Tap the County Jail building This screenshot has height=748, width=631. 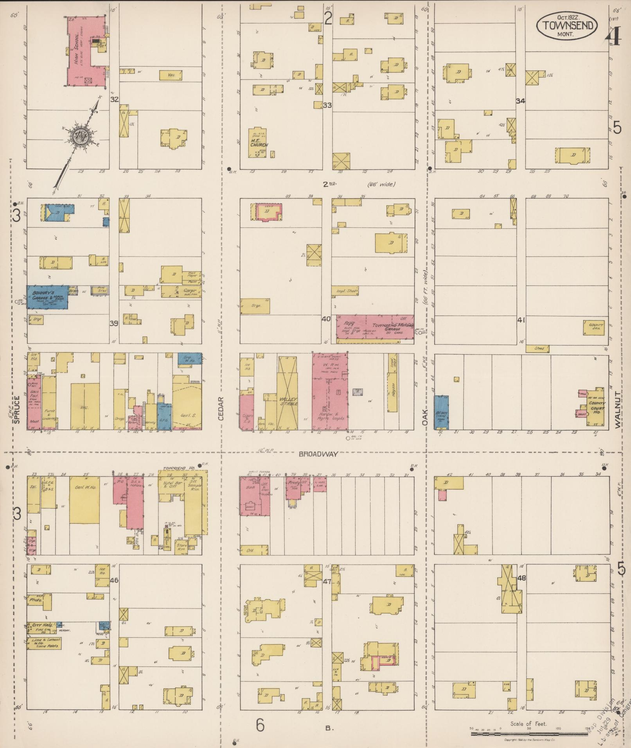[593, 328]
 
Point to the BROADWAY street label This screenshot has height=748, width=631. [318, 454]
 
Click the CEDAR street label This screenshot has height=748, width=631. [220, 409]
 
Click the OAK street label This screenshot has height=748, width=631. [425, 417]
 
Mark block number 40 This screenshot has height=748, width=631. [326, 319]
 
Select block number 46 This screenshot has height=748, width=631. [114, 580]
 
